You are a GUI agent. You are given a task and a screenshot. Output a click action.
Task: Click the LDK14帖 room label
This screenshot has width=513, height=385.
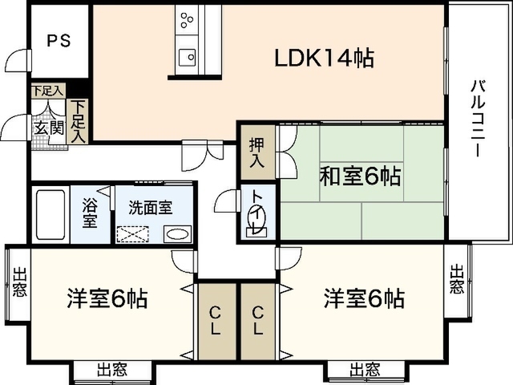click(x=325, y=58)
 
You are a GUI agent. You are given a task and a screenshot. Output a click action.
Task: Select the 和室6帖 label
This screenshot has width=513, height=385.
click(x=361, y=176)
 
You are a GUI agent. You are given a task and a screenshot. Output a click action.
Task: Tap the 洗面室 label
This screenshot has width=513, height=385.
click(x=151, y=206)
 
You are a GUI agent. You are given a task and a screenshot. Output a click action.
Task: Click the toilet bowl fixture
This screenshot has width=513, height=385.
click(x=256, y=229)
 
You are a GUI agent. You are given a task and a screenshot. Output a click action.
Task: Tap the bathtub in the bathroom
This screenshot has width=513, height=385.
click(x=50, y=214)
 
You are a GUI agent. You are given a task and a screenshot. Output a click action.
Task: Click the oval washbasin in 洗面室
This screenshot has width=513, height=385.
click(x=177, y=233)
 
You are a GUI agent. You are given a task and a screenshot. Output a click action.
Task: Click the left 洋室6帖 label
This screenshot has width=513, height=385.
click(x=107, y=300)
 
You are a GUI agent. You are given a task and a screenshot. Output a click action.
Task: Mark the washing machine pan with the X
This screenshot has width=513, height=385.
click(x=133, y=234)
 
